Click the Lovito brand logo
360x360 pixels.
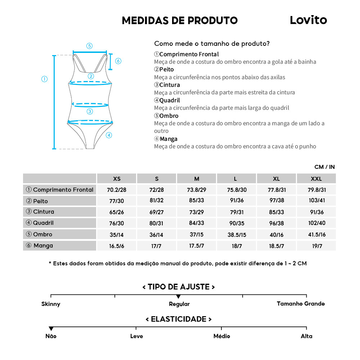(308, 20)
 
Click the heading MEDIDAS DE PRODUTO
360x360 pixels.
(180, 21)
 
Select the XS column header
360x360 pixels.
(117, 179)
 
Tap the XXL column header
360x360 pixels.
(316, 179)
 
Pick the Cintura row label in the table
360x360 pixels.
(44, 212)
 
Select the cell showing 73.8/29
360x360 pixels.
(197, 190)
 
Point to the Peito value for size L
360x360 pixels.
(237, 201)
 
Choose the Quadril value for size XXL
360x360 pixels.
(316, 223)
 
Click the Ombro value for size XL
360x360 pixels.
(276, 235)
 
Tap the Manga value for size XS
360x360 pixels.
(117, 246)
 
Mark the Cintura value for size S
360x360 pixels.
(157, 212)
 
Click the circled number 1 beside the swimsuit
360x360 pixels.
(45, 79)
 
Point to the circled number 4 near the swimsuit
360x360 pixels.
(109, 135)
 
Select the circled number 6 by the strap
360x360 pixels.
(118, 61)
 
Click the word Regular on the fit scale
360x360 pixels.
(179, 304)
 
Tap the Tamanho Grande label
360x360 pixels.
(301, 303)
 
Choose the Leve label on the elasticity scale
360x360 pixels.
(136, 336)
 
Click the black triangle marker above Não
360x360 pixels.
(51, 328)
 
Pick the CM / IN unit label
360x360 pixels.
(324, 167)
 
